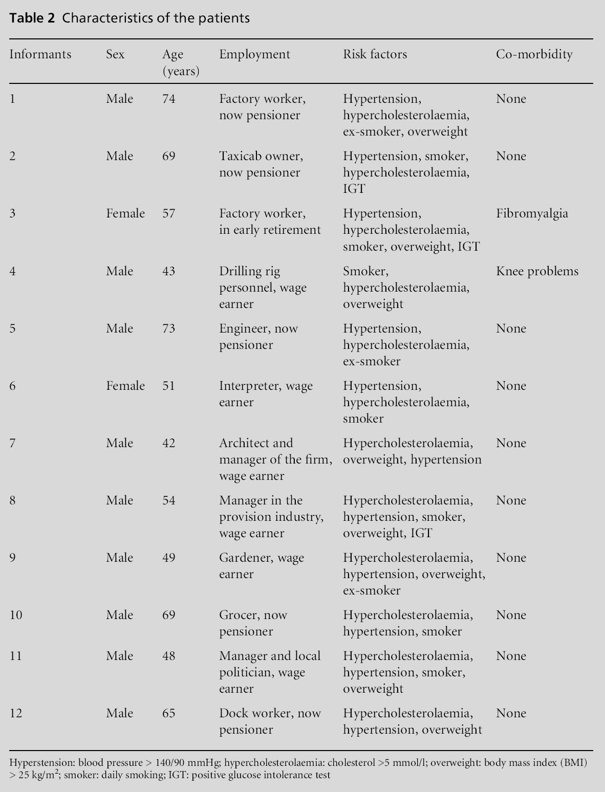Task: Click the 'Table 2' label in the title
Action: click(31, 18)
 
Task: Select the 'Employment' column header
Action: click(254, 54)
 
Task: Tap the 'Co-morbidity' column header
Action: click(534, 54)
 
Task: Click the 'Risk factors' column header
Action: click(375, 54)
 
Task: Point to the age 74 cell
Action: click(168, 99)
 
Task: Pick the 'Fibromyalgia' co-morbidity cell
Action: click(532, 213)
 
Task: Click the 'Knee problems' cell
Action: click(537, 271)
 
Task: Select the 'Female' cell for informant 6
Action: click(125, 386)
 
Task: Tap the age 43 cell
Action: click(168, 271)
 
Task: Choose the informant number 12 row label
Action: click(16, 713)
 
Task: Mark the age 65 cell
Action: click(168, 713)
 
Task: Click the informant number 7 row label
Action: click(12, 443)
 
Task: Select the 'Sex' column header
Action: click(115, 54)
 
